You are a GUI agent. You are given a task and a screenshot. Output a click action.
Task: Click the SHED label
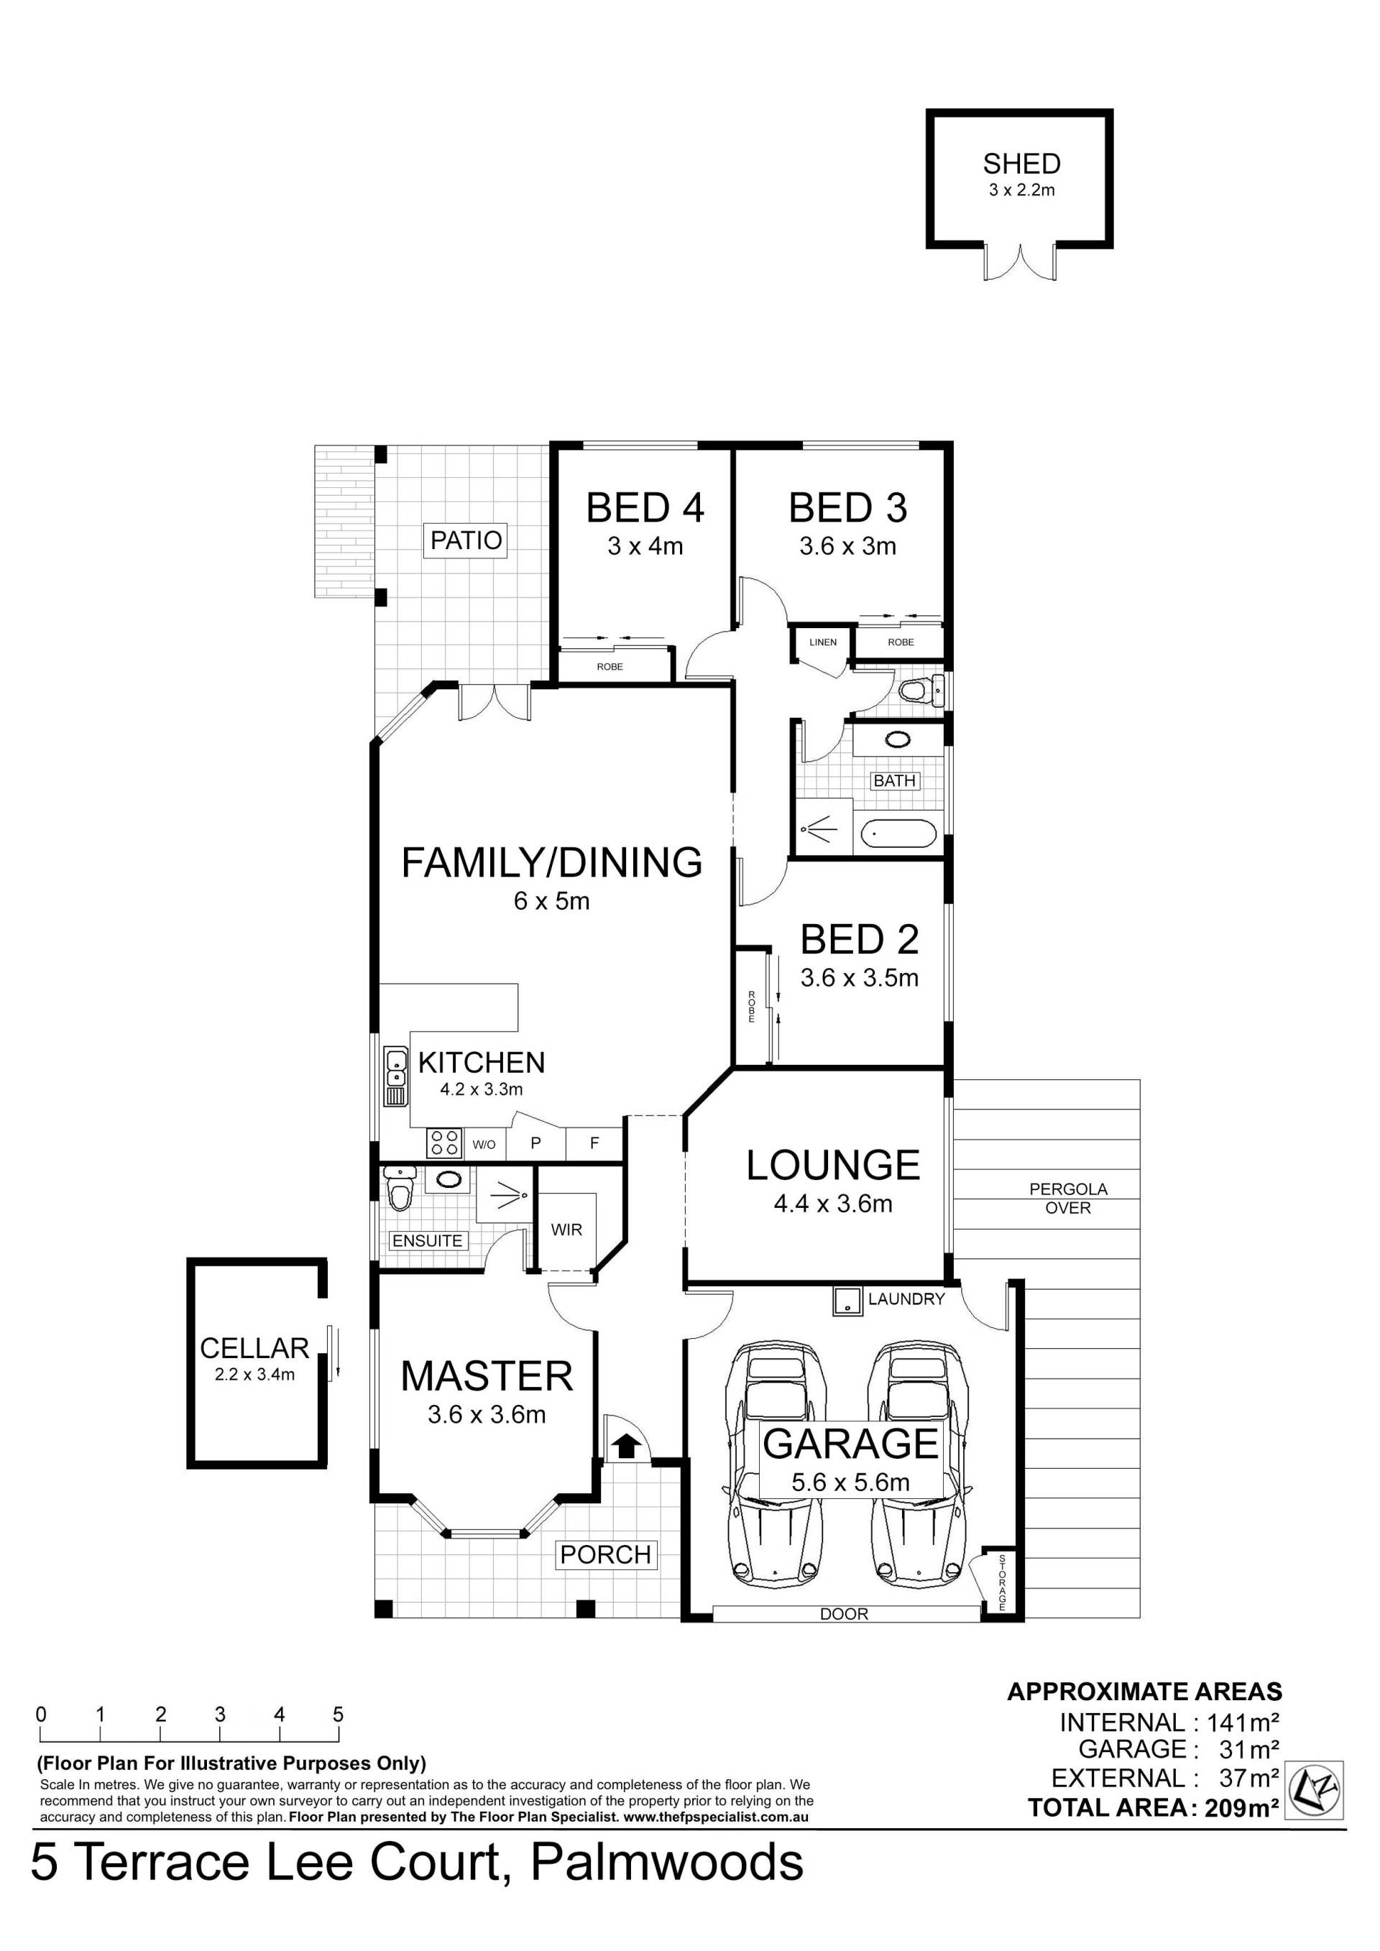(1021, 163)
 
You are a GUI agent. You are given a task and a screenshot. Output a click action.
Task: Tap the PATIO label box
(466, 540)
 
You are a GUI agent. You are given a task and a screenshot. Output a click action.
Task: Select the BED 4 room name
(645, 508)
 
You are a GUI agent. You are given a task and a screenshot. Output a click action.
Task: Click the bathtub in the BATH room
(898, 834)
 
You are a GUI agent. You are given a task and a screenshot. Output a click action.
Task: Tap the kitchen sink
(396, 1076)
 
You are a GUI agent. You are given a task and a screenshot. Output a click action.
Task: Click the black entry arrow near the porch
(626, 1444)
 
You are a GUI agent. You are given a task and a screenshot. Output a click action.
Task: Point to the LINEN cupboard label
(822, 642)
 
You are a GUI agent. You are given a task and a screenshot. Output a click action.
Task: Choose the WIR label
(567, 1230)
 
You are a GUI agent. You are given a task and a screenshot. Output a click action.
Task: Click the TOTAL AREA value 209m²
(1242, 1807)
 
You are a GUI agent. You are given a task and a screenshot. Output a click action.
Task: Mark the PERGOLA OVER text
(1068, 1198)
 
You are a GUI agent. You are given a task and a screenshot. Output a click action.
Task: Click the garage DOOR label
(844, 1614)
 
